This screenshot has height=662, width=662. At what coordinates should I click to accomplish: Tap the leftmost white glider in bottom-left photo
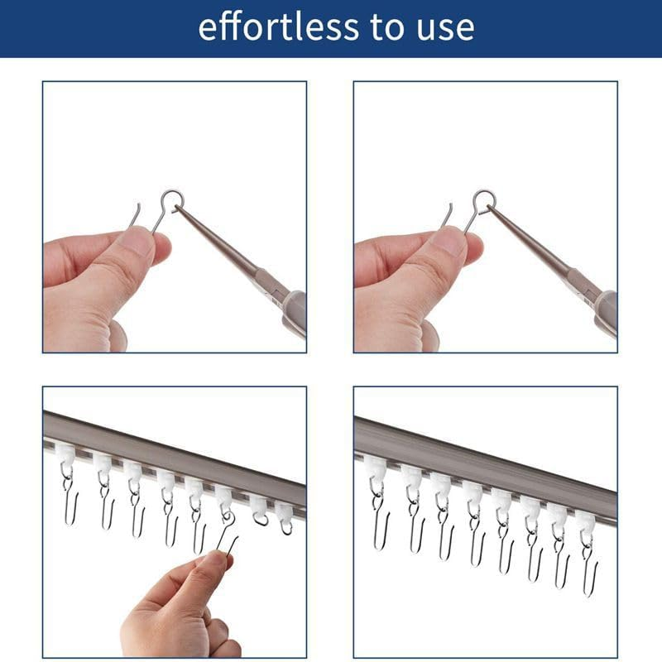65,453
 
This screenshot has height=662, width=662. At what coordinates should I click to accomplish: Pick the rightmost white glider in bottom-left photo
284,513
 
